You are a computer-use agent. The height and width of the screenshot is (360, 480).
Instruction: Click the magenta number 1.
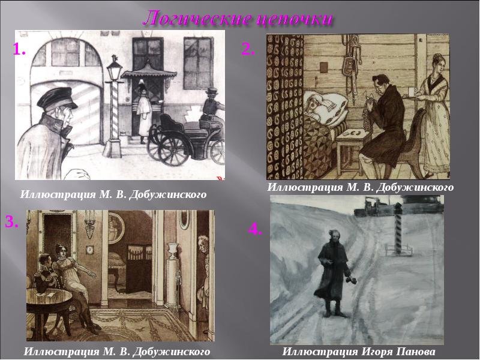(x=19, y=49)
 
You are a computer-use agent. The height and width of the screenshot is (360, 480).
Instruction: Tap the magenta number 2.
(x=248, y=49)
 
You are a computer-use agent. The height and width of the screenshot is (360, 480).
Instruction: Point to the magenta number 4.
(x=255, y=229)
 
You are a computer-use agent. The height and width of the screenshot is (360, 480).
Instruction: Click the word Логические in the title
(x=196, y=19)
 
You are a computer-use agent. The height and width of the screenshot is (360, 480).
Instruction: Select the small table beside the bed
(x=352, y=150)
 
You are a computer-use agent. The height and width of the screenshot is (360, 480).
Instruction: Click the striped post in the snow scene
(x=398, y=230)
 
